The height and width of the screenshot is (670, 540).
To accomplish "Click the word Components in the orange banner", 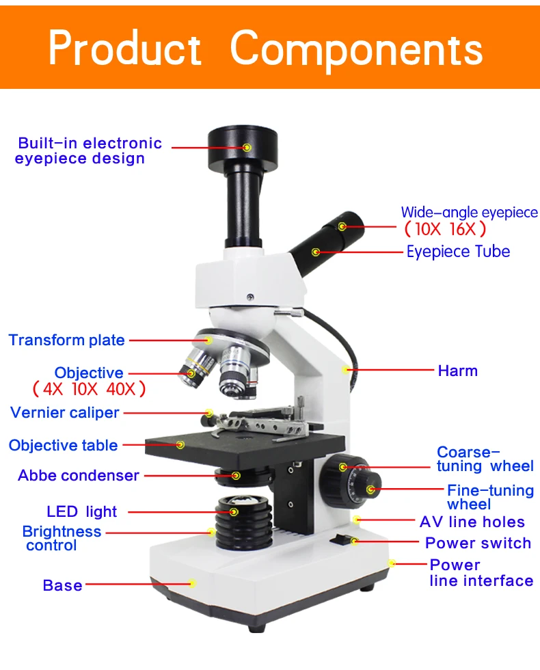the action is (x=356, y=51).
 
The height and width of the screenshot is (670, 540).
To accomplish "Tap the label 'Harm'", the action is (x=457, y=371).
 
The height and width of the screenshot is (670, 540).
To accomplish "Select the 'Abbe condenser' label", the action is (x=79, y=475).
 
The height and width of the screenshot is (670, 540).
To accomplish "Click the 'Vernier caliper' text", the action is (x=64, y=412).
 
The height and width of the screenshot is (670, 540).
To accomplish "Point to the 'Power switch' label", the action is (x=478, y=543).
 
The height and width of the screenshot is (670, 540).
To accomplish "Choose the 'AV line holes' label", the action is (x=472, y=522).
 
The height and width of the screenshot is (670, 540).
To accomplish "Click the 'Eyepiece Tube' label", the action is (x=458, y=252).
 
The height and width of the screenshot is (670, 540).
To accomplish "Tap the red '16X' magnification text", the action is (x=462, y=229).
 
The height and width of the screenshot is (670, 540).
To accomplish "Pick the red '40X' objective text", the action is (x=121, y=389).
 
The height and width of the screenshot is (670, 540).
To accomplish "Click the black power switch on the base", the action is (x=341, y=539).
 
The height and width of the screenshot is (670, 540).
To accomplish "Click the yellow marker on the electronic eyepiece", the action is (x=247, y=148).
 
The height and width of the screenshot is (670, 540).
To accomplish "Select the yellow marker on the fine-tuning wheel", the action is (x=370, y=490).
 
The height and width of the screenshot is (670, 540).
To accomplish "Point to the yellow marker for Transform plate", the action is (x=208, y=340).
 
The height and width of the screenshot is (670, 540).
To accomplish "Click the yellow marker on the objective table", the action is (x=180, y=445).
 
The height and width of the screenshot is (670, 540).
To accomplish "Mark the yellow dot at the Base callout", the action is (x=193, y=583).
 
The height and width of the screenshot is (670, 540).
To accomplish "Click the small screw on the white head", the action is (x=250, y=297).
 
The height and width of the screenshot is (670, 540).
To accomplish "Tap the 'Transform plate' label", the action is (x=67, y=340).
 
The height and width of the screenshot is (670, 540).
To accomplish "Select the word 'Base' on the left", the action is (x=62, y=585).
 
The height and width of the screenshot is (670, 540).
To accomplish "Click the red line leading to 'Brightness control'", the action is (x=158, y=533).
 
